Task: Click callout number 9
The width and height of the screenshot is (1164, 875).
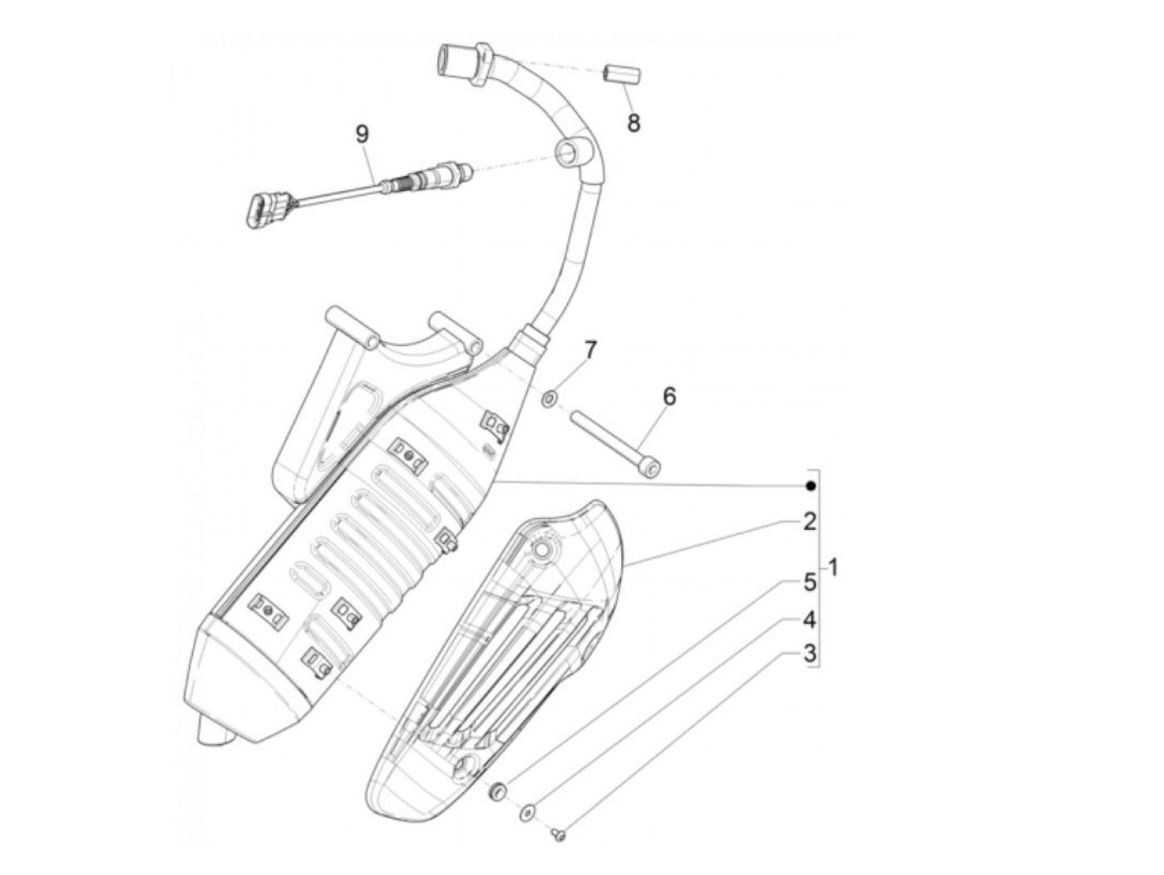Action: (362, 134)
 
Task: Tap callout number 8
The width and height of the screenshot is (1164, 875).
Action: (634, 123)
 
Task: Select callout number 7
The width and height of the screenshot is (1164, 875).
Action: (589, 350)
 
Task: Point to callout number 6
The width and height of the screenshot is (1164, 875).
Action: (669, 396)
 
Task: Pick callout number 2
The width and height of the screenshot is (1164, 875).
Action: (809, 522)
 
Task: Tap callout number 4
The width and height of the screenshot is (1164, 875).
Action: (809, 620)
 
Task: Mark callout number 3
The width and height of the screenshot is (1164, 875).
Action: (809, 654)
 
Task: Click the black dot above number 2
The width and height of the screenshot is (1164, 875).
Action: (811, 486)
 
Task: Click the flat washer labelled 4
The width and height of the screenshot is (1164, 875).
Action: (527, 813)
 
